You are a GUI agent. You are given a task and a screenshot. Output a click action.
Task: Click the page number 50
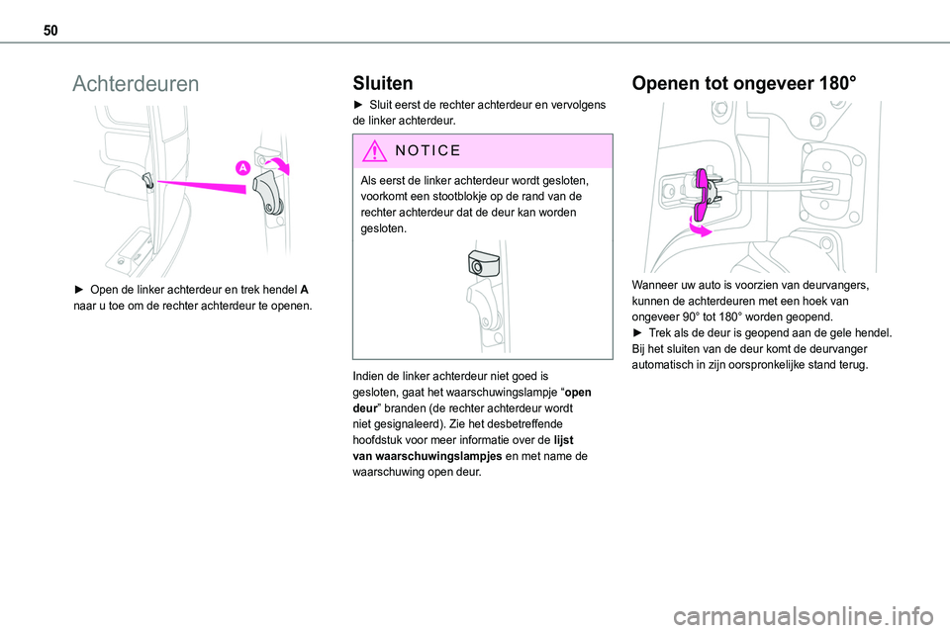click(50, 31)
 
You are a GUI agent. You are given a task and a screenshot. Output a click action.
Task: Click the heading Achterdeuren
click(136, 84)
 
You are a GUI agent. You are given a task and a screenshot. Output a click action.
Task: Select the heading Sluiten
click(383, 83)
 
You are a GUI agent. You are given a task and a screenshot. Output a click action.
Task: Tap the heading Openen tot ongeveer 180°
click(744, 83)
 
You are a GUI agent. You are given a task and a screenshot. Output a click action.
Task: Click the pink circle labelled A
click(243, 168)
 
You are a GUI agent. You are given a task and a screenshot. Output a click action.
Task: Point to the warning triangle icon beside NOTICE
click(374, 150)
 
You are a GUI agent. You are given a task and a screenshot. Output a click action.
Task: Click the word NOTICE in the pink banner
click(427, 150)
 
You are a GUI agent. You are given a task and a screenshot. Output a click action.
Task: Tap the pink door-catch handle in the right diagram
click(701, 195)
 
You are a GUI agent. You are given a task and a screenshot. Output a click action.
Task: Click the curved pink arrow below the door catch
click(700, 227)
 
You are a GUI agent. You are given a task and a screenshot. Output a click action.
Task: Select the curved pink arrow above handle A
click(279, 163)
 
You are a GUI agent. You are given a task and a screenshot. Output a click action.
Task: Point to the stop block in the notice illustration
click(484, 263)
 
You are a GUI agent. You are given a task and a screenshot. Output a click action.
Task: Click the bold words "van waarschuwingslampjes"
click(427, 456)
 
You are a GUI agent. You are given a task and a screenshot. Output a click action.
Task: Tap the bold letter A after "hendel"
click(304, 290)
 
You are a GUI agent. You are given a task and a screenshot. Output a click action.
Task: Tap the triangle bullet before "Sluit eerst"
click(357, 105)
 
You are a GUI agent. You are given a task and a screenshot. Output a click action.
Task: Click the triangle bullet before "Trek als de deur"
click(636, 332)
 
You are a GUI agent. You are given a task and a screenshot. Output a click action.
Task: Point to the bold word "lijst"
click(563, 440)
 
